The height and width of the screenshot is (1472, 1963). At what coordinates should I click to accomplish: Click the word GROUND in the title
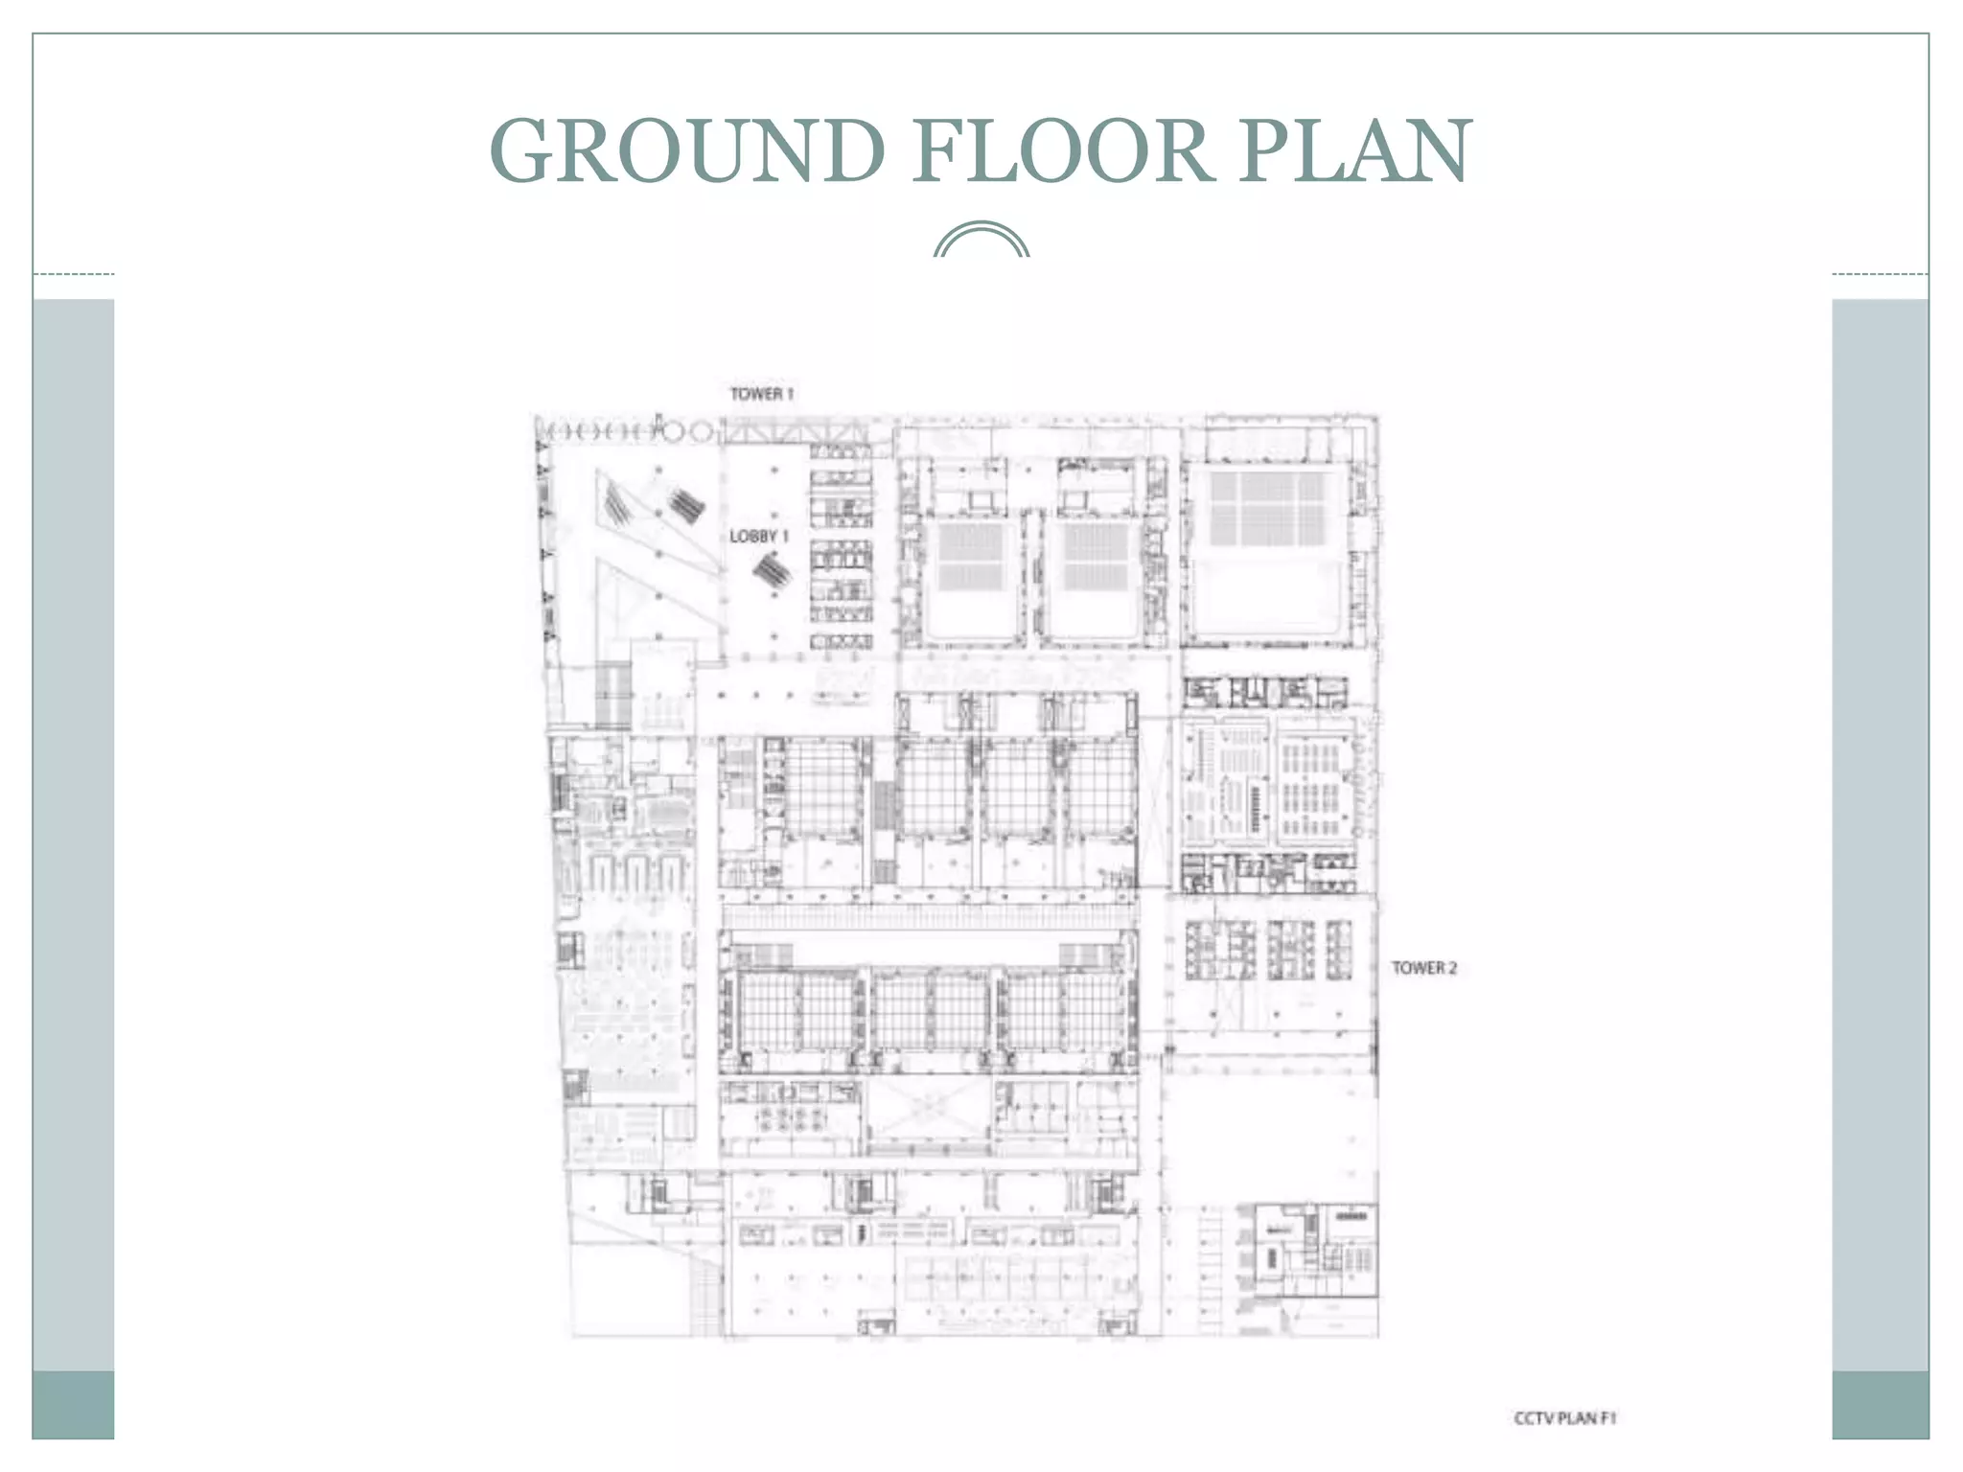(686, 150)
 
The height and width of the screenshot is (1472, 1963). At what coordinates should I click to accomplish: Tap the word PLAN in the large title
(1353, 150)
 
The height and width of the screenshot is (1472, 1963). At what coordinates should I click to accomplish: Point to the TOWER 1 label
(762, 394)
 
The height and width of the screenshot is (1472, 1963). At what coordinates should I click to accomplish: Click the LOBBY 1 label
(758, 537)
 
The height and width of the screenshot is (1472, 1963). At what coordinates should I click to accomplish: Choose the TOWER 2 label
(1424, 968)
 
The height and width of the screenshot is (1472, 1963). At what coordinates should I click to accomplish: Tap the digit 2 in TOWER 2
(1452, 968)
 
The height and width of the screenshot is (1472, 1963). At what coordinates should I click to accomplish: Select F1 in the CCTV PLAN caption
(1607, 1418)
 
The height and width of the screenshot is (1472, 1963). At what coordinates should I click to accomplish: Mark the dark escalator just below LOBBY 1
(772, 573)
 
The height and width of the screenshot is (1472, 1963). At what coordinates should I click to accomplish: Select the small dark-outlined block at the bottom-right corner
(1315, 1251)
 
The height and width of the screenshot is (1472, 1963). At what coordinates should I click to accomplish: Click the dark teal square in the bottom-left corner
(73, 1405)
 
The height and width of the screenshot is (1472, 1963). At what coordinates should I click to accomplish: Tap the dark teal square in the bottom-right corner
(1880, 1405)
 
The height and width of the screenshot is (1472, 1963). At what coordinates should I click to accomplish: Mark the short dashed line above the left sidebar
(73, 275)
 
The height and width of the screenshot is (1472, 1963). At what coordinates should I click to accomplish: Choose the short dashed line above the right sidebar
(1880, 275)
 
